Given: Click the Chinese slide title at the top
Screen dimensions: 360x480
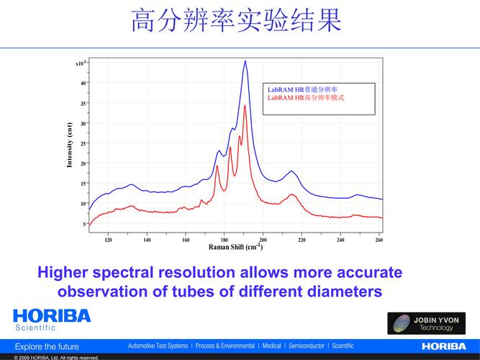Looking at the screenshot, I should pyautogui.click(x=235, y=21).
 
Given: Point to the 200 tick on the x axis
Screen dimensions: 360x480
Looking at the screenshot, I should pyautogui.click(x=263, y=240).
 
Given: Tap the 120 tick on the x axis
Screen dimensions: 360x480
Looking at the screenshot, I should pyautogui.click(x=109, y=240).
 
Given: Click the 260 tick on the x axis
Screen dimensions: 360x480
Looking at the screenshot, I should pyautogui.click(x=379, y=240).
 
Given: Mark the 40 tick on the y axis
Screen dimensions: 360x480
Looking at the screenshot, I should pyautogui.click(x=83, y=83).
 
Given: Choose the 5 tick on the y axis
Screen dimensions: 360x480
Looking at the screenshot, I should pyautogui.click(x=84, y=224).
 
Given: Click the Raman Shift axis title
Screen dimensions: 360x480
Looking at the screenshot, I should pyautogui.click(x=235, y=248).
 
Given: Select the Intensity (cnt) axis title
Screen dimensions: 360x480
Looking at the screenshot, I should pyautogui.click(x=70, y=144).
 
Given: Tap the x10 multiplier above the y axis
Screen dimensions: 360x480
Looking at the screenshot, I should pyautogui.click(x=81, y=63).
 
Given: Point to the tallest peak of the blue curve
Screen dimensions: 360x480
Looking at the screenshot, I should pyautogui.click(x=245, y=62).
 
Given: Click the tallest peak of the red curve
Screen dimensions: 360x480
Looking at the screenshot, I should pyautogui.click(x=245, y=107).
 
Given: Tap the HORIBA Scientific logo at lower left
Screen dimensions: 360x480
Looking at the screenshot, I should pyautogui.click(x=52, y=320).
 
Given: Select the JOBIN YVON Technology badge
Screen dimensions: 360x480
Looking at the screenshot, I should pyautogui.click(x=427, y=323).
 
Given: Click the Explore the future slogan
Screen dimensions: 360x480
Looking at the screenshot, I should pyautogui.click(x=47, y=346).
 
